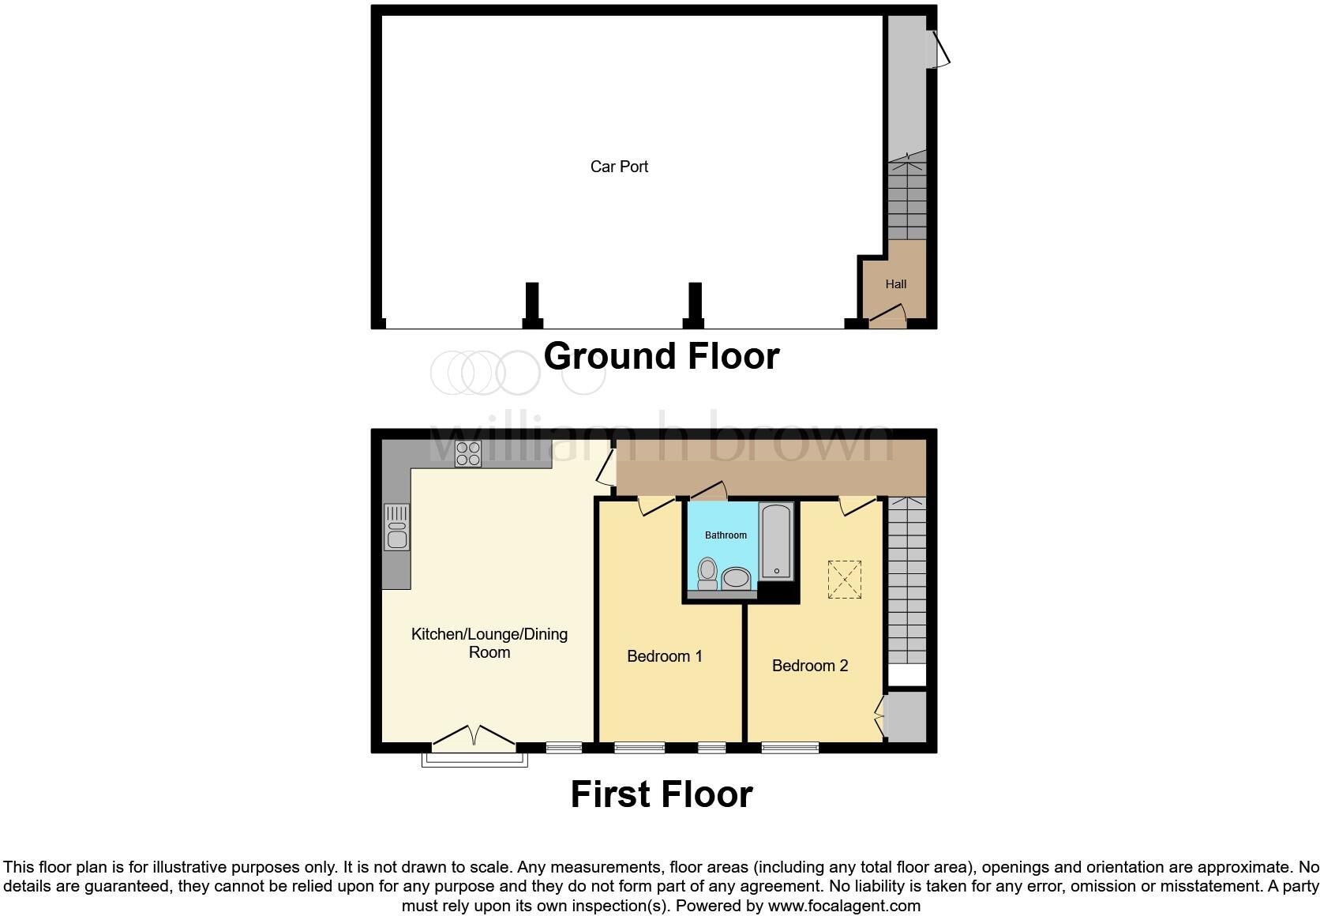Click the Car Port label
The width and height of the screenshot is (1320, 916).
(x=619, y=167)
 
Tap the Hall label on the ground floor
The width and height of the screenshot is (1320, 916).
(x=895, y=284)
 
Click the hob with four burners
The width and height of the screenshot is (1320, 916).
(x=467, y=453)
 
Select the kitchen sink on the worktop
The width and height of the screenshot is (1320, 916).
(x=397, y=527)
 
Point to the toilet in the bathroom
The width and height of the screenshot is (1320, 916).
(x=707, y=573)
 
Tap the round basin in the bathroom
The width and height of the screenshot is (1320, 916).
(x=737, y=578)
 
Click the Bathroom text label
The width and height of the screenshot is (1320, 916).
(x=726, y=535)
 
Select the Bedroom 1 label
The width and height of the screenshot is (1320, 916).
(x=664, y=656)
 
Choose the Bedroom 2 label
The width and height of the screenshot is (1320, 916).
(x=809, y=666)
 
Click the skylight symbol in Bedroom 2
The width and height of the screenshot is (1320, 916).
(x=844, y=580)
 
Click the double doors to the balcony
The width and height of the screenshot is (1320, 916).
(x=474, y=738)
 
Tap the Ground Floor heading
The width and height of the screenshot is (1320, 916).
(x=661, y=356)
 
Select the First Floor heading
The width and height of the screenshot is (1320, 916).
(x=661, y=794)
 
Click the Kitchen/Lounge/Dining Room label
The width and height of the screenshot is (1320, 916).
(x=489, y=643)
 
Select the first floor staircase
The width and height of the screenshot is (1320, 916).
(x=906, y=584)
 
